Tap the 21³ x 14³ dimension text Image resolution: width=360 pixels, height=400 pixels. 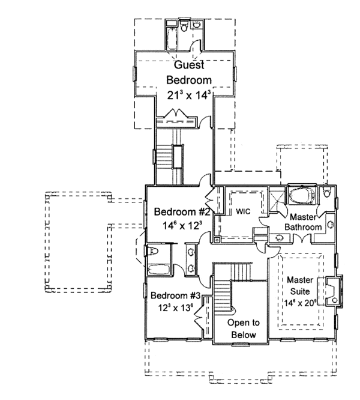(x=188, y=94)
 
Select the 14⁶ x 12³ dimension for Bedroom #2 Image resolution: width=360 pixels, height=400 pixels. (x=181, y=226)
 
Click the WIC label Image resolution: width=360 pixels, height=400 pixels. (x=242, y=211)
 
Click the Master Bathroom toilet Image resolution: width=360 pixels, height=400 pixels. (x=326, y=193)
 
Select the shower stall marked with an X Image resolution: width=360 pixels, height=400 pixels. (x=277, y=199)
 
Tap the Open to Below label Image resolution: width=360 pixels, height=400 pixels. (x=242, y=329)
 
